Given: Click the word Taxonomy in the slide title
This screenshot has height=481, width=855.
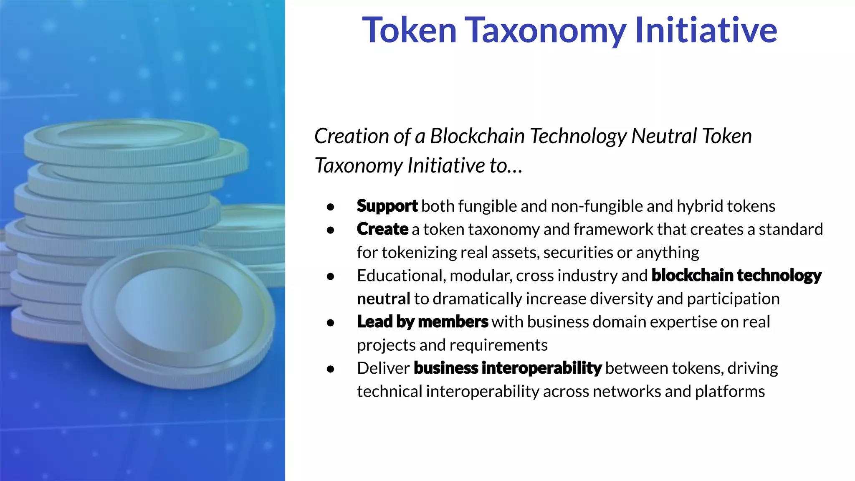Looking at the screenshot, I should [545, 31].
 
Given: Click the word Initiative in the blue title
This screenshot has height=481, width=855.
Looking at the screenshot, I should [706, 30].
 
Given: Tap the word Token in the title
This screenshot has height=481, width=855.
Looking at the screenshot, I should [409, 30].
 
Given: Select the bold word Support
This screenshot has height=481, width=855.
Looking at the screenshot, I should [387, 206].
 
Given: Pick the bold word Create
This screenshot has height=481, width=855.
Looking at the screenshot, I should [382, 229].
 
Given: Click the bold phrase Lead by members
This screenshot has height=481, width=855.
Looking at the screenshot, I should [422, 322].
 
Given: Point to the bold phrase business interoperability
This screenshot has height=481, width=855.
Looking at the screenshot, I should [507, 368].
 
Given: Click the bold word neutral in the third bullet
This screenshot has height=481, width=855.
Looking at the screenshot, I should [383, 299].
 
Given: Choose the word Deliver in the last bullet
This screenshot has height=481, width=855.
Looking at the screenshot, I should [383, 368].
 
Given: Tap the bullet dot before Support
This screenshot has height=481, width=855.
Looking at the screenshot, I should [331, 207].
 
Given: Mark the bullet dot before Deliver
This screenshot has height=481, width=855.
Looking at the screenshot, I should [331, 369].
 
